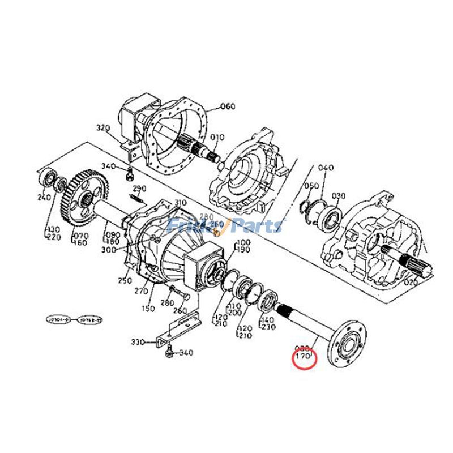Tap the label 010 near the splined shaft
pos(217,137)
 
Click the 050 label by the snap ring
pos(311,186)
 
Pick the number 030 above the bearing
pos(338,196)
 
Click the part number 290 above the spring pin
pos(139,189)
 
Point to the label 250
pos(124,280)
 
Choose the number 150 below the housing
pos(148,309)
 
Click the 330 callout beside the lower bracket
pos(138,342)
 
